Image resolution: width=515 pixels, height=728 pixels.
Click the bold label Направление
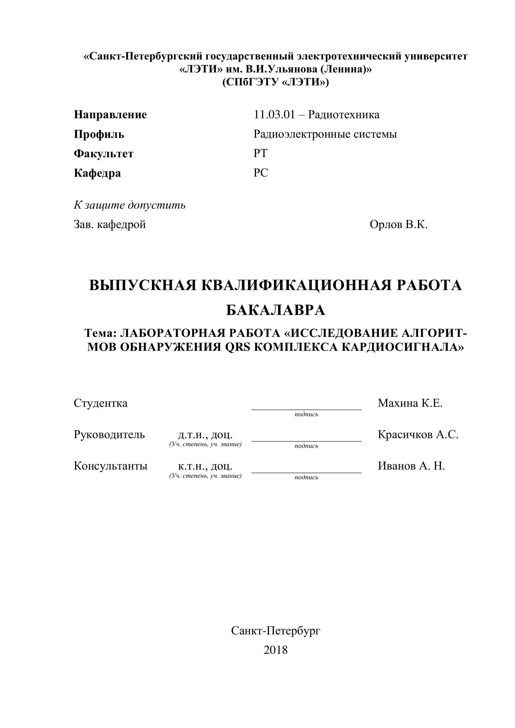click(x=110, y=115)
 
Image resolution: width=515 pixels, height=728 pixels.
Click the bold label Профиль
click(x=99, y=134)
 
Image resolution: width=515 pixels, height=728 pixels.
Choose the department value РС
click(x=261, y=173)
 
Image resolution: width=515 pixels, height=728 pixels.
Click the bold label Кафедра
click(x=97, y=173)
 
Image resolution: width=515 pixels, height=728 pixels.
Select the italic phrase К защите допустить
click(x=130, y=205)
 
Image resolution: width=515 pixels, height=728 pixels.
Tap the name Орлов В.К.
click(x=399, y=225)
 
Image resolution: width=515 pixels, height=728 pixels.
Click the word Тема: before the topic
click(x=101, y=333)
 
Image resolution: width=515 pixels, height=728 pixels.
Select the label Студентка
click(x=101, y=403)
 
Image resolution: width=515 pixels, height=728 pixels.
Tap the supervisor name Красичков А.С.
click(x=418, y=435)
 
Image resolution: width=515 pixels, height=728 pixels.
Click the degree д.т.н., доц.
click(x=205, y=435)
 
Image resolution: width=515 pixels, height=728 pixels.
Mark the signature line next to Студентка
click(x=306, y=409)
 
